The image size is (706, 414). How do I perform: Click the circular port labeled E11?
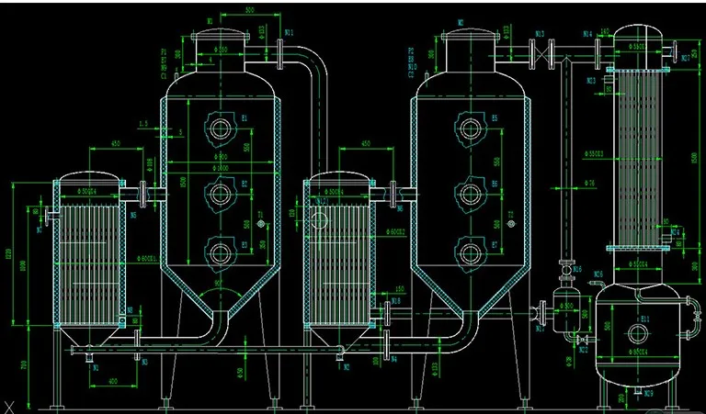pos(635,330)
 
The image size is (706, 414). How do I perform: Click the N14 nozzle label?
pos(587,34)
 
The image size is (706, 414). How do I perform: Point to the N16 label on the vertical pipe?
pos(576,270)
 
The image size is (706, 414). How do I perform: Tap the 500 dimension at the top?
pos(249,10)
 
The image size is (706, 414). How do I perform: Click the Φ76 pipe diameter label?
pos(591,184)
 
